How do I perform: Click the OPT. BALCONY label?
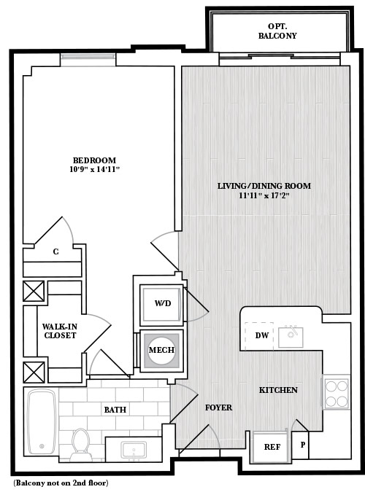(277, 31)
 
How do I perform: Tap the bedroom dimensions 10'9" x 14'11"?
(94, 169)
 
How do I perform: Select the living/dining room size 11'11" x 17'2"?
(264, 195)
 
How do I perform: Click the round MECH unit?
(161, 349)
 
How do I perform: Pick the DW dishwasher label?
(262, 335)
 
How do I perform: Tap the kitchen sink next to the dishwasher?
(291, 337)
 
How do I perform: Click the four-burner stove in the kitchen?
(337, 392)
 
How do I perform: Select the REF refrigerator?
(272, 447)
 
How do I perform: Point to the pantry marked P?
(302, 445)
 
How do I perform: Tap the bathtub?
(42, 422)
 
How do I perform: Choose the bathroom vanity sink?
(134, 450)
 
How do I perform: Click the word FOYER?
(218, 408)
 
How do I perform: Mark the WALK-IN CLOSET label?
(60, 331)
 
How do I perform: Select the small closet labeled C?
(55, 252)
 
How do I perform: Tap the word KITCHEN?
(278, 390)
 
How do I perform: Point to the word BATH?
(115, 410)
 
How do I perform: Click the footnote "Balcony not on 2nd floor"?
(61, 483)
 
